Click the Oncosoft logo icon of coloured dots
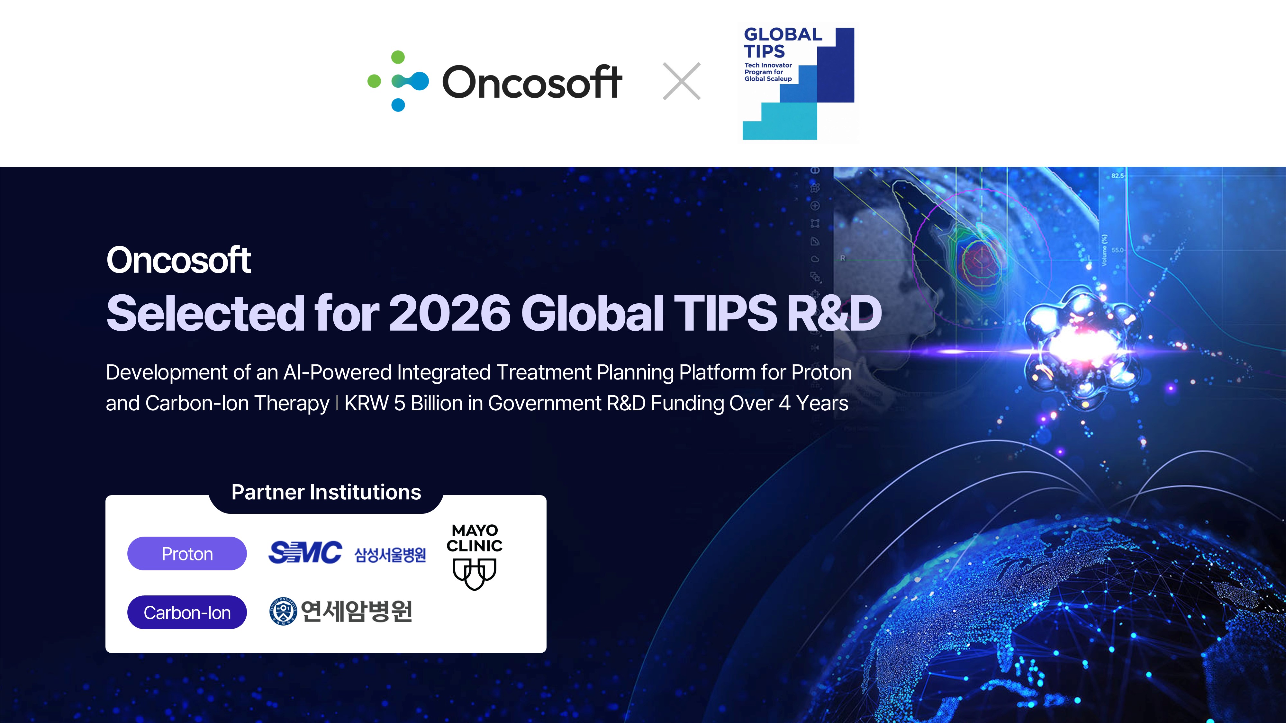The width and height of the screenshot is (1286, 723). pos(398,81)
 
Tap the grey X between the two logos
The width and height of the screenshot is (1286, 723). pos(682,81)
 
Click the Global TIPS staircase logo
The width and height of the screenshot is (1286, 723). pos(798,83)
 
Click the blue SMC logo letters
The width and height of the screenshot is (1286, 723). pos(305,552)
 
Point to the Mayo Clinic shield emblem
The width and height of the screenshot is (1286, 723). pos(474,574)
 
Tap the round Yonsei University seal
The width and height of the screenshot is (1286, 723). pos(283,611)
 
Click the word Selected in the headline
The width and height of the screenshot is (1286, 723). pos(205,313)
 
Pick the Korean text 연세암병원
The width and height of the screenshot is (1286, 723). pos(357,611)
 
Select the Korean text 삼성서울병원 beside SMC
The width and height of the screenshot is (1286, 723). pos(390,554)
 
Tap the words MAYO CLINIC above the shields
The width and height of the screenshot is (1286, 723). pos(474,538)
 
